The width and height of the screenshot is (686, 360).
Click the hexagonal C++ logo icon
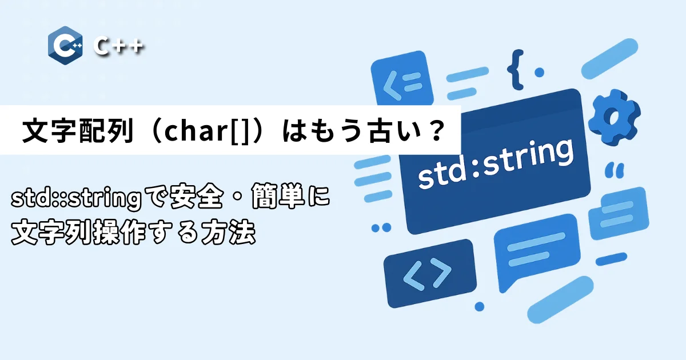click(x=65, y=45)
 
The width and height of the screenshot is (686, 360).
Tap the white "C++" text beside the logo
click(x=118, y=46)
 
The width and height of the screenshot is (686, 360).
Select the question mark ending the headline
click(x=436, y=130)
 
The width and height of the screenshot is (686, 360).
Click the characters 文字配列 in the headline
click(x=78, y=130)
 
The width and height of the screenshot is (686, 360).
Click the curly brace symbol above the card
click(x=516, y=70)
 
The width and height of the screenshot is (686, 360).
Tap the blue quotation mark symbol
click(x=615, y=170)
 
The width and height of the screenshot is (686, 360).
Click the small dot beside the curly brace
click(x=539, y=73)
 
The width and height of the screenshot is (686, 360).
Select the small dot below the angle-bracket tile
click(x=479, y=306)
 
